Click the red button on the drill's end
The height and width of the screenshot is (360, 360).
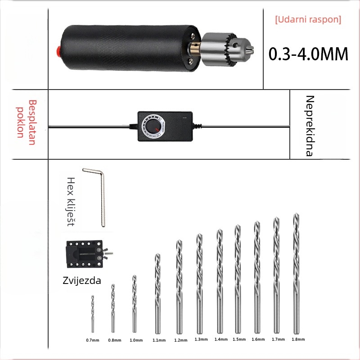tap(59, 50)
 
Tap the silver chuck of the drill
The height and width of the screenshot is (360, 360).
tap(226, 49)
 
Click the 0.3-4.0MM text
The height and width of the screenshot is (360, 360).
tap(308, 54)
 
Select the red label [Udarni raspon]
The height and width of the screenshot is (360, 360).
tap(308, 19)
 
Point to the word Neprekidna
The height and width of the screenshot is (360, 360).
tap(310, 126)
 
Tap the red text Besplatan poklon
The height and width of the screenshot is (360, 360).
tap(26, 122)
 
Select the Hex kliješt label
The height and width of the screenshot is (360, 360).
tap(71, 202)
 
